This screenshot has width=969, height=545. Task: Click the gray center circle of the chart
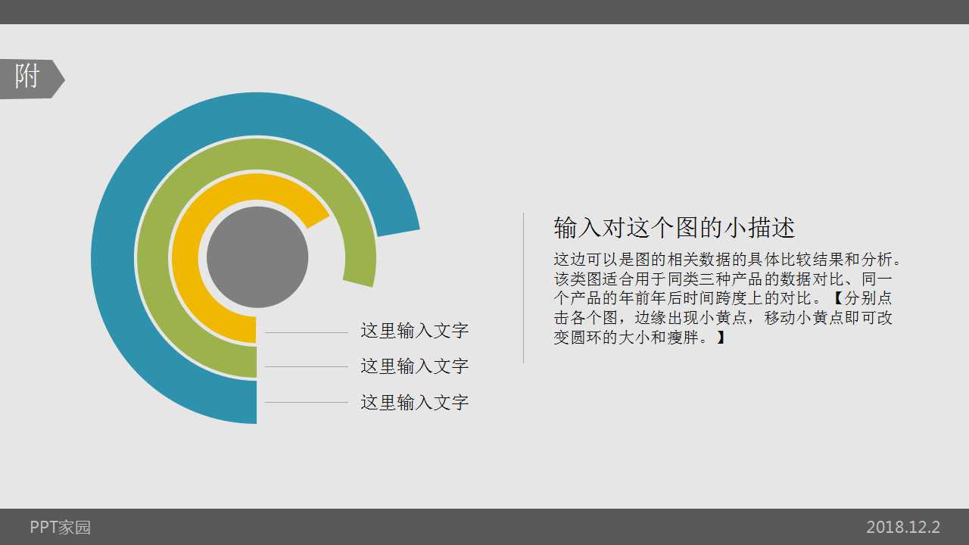257,257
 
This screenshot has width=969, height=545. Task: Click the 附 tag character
27,77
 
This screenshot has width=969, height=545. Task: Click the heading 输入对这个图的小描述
675,228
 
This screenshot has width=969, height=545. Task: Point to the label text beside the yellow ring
414,331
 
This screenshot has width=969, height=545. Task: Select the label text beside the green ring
414,366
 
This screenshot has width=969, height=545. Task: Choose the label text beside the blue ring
414,402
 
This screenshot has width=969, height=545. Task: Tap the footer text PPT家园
61,528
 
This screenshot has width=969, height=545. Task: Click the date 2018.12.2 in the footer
903,528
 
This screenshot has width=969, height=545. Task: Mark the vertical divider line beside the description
524,288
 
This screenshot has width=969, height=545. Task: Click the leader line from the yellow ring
306,332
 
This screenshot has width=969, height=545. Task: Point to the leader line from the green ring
306,367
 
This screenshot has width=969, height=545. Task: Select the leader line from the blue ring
306,402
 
